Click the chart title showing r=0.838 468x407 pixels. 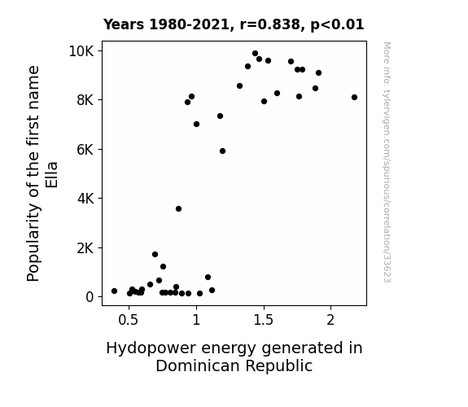click(x=234, y=24)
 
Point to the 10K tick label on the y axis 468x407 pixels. click(x=81, y=51)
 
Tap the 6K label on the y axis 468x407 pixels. click(x=85, y=149)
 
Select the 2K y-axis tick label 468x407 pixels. click(x=85, y=247)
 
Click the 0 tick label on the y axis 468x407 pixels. click(x=90, y=297)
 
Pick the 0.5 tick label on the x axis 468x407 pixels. click(x=129, y=320)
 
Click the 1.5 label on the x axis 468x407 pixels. click(x=263, y=320)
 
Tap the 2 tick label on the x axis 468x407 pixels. click(x=330, y=320)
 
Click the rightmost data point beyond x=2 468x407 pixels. click(x=354, y=98)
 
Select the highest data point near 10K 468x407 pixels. click(x=256, y=54)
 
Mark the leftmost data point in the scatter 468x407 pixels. click(x=114, y=291)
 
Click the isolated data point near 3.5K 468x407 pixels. click(x=178, y=208)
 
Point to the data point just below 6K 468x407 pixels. click(x=223, y=151)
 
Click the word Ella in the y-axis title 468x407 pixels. click(x=51, y=175)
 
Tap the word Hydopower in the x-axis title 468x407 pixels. click(x=151, y=348)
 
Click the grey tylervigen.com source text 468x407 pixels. click(x=387, y=162)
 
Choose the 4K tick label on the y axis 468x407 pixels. click(x=85, y=199)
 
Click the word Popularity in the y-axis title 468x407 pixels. click(x=33, y=243)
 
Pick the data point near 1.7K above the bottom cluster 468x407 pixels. click(x=155, y=255)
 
